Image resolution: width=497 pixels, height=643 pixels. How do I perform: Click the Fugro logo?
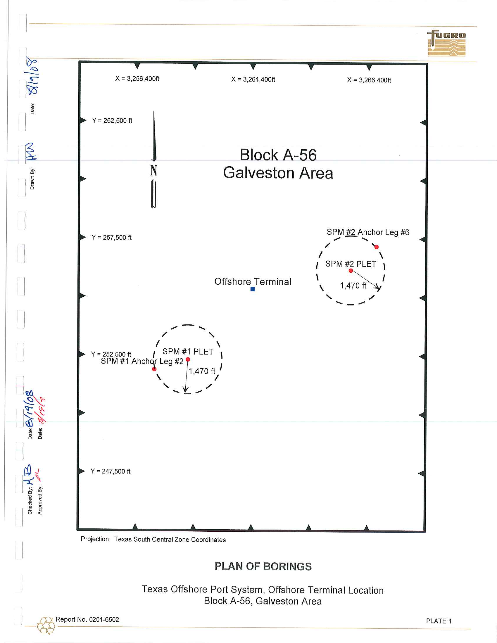(x=446, y=43)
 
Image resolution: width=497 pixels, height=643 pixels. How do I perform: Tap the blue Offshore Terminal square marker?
(x=253, y=289)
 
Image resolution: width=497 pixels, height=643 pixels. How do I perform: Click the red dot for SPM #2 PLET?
(x=351, y=271)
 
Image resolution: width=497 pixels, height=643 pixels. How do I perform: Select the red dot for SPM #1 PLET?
(x=188, y=359)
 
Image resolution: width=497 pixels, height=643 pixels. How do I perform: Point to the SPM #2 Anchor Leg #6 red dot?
(x=377, y=247)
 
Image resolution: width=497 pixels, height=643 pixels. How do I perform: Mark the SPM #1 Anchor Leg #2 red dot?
(x=154, y=369)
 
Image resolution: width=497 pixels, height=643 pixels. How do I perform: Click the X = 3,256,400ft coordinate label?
(x=137, y=79)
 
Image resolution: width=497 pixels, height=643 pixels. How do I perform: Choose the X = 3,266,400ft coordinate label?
(x=369, y=80)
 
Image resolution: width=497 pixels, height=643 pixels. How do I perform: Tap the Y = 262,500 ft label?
(x=112, y=120)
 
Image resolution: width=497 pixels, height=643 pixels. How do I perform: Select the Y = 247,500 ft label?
(x=111, y=471)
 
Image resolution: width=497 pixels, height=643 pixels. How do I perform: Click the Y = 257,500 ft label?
(x=111, y=237)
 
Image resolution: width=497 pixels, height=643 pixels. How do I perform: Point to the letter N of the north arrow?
(x=153, y=170)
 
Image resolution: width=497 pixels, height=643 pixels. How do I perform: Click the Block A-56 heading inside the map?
(x=278, y=155)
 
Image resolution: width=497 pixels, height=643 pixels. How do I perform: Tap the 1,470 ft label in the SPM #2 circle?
(x=353, y=286)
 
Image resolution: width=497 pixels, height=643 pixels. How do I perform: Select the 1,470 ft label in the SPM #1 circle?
(x=202, y=371)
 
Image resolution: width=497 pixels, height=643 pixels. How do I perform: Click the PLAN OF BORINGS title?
(x=263, y=566)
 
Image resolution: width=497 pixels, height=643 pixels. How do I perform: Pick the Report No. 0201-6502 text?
(x=87, y=619)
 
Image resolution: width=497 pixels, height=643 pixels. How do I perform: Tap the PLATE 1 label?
(x=439, y=621)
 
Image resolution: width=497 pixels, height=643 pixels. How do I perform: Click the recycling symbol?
(x=46, y=625)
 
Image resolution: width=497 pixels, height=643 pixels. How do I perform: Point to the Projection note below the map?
(x=153, y=539)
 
